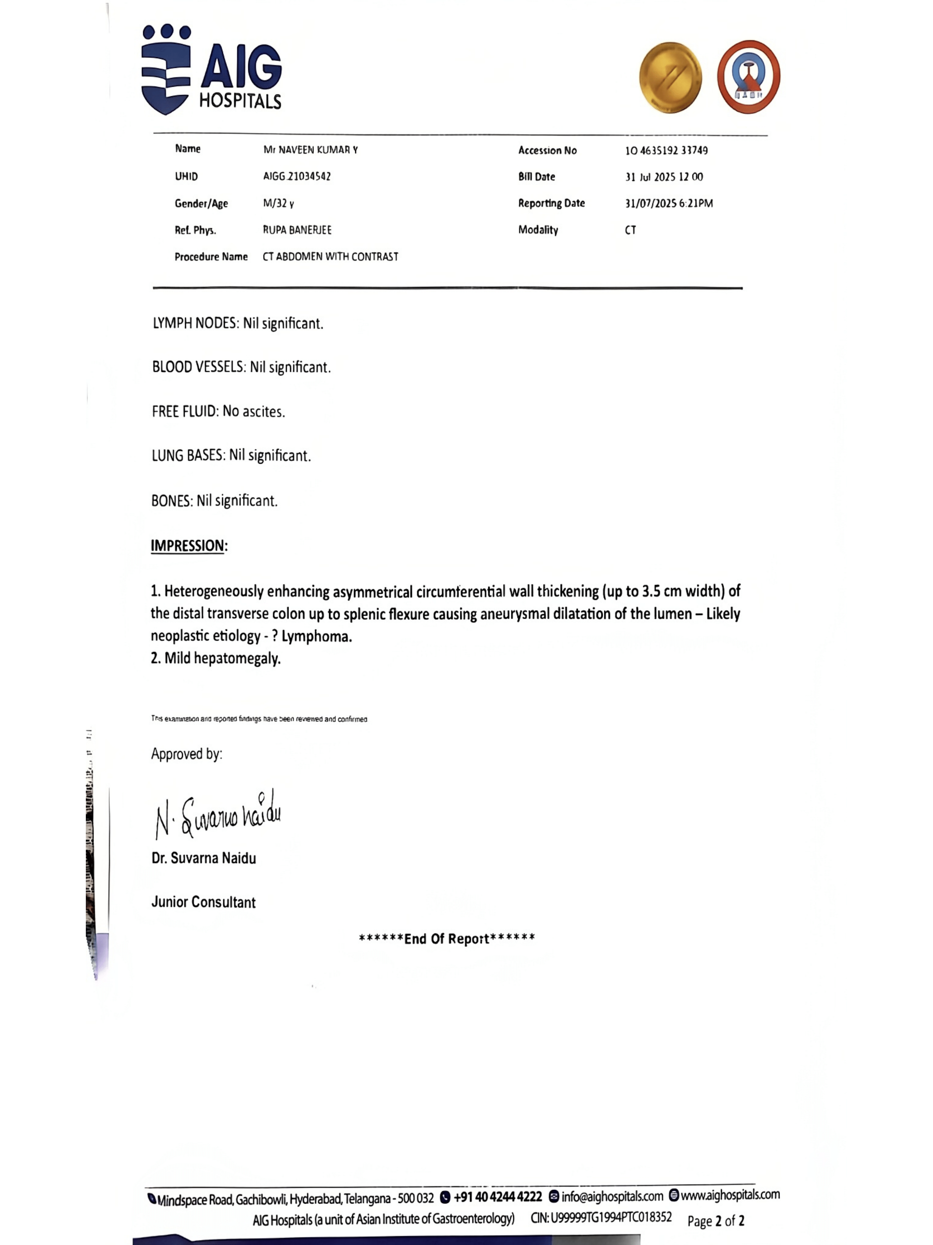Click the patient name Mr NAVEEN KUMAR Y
tap(310, 150)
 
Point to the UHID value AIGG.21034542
tap(297, 176)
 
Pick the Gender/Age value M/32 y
tap(278, 203)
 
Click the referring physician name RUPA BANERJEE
tap(297, 230)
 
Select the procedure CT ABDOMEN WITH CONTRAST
tap(330, 257)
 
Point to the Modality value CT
tap(630, 230)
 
